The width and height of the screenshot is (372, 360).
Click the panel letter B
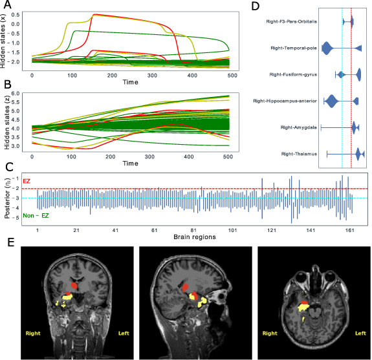tap(8, 84)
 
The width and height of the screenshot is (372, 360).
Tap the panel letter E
tap(7, 243)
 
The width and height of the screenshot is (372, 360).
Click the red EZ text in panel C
tap(27, 182)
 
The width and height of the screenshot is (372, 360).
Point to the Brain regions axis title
tap(194, 237)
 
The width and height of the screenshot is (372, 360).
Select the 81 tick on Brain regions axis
tap(193, 230)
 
